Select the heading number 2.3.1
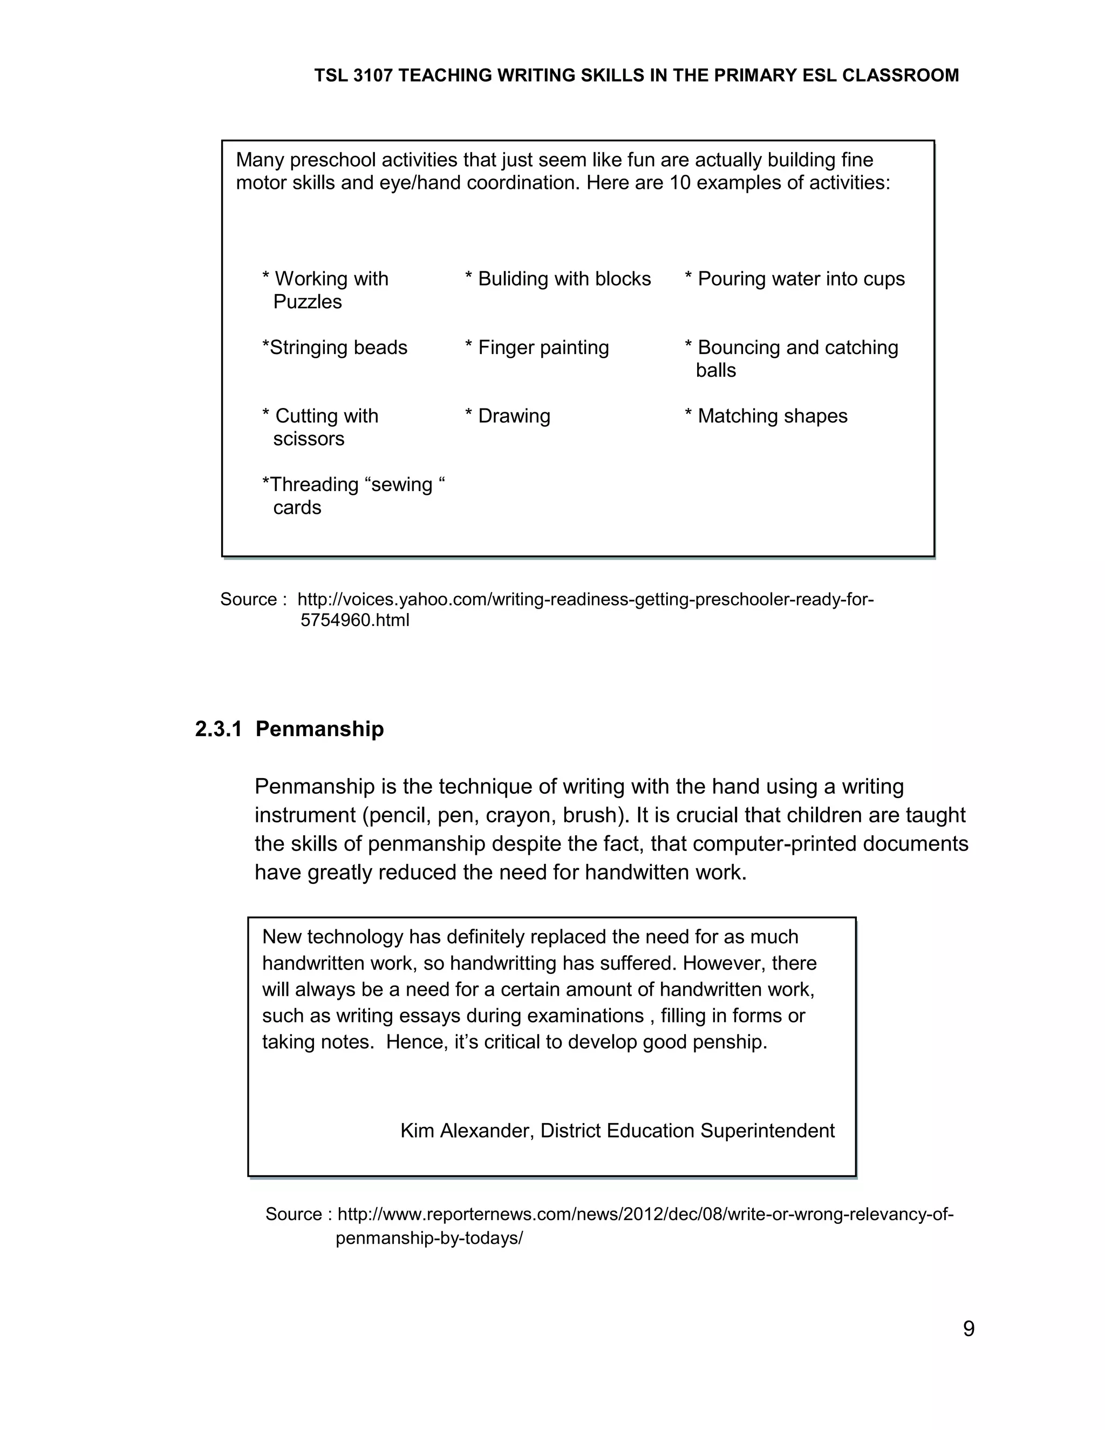point(219,728)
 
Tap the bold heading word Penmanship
point(319,728)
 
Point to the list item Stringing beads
point(335,348)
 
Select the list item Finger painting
point(537,348)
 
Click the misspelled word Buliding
point(515,279)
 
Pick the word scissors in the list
point(308,439)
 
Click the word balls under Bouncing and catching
point(715,371)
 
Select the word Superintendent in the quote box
point(767,1131)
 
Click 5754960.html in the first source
point(355,620)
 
